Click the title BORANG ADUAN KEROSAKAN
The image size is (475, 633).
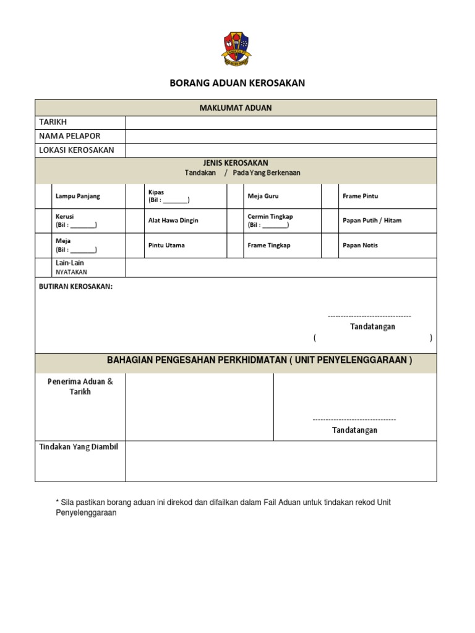(x=237, y=83)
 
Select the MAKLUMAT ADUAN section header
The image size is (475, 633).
(x=236, y=108)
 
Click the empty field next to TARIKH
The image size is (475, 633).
(x=281, y=122)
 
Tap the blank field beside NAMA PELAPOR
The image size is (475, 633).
(x=281, y=136)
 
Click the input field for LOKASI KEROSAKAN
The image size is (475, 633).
(x=281, y=150)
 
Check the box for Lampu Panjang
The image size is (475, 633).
(x=44, y=196)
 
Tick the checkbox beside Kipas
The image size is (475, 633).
(x=135, y=196)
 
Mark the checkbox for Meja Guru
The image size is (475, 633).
(x=235, y=196)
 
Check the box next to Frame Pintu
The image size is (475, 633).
(x=330, y=196)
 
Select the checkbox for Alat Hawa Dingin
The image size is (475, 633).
(x=135, y=221)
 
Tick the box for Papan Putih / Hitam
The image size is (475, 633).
(x=330, y=221)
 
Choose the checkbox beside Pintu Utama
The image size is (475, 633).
(x=135, y=245)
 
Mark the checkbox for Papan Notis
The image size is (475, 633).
(x=330, y=245)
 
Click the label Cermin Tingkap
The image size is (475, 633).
(x=270, y=216)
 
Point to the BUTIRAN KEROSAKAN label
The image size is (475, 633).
(x=75, y=287)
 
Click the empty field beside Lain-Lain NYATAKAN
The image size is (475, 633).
(x=281, y=267)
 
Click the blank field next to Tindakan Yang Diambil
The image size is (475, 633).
(x=281, y=461)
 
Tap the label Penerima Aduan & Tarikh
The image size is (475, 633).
(x=80, y=386)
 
